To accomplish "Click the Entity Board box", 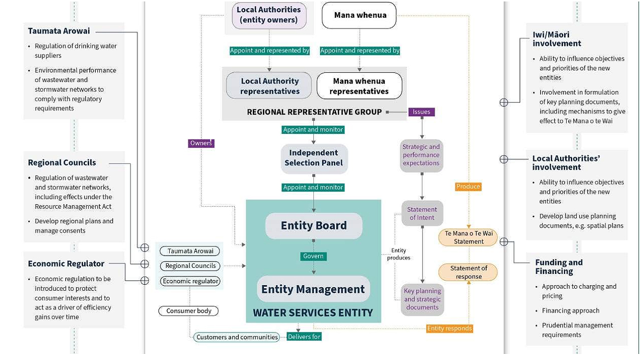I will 313,226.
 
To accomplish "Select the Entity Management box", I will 313,289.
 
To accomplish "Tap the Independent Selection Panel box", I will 314,158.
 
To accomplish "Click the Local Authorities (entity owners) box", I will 269,15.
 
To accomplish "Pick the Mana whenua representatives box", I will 359,86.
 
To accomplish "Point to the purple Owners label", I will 201,143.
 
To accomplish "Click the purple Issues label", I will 421,112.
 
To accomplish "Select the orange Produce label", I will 468,186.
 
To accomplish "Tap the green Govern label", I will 313,256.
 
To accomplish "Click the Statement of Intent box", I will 422,213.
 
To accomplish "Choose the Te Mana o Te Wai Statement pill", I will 468,237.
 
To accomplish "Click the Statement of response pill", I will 468,272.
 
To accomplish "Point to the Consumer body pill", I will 189,311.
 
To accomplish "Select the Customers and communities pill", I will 237,337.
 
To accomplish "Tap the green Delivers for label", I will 304,337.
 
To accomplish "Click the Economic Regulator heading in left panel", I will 66,263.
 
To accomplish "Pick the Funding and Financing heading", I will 558,267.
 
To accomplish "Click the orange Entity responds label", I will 449,328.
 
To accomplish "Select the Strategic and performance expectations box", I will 421,155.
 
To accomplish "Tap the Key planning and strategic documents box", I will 422,299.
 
